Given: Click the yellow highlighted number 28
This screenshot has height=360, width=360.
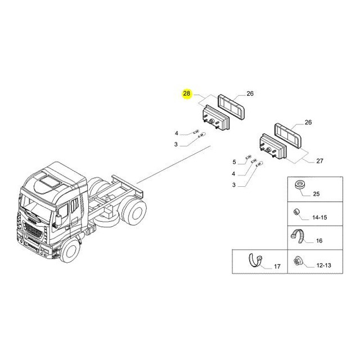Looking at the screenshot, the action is tap(187, 93).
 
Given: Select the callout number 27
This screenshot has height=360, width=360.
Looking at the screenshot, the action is tap(319, 161).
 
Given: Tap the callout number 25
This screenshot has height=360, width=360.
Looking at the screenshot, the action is tap(316, 193).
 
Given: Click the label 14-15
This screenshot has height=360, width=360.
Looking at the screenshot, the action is tap(319, 217).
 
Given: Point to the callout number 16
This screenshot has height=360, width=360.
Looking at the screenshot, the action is tap(319, 241).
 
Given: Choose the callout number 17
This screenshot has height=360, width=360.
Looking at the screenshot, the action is tap(277, 266).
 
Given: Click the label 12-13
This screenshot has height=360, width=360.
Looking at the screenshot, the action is tap(324, 265).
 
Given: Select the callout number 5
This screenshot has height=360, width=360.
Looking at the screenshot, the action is tap(234, 162).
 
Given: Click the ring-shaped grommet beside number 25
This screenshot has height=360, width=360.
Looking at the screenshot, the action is tap(299, 185).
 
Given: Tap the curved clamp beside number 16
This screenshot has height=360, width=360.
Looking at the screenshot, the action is tap(298, 236).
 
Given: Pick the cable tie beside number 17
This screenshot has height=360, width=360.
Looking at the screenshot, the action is tap(255, 260).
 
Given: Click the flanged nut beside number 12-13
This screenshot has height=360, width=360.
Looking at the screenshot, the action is tap(298, 262).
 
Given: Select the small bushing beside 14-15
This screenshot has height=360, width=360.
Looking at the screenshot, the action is tap(296, 212).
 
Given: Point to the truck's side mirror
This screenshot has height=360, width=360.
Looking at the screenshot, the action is tap(58, 220).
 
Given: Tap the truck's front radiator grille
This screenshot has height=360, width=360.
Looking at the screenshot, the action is tap(33, 230).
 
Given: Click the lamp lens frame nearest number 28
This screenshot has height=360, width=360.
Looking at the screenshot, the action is tap(231, 107).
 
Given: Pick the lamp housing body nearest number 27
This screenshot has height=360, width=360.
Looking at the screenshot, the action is tap(273, 146).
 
